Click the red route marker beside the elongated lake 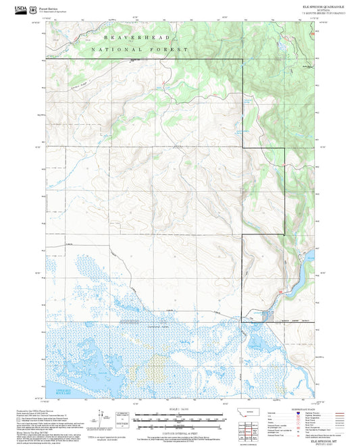click(280, 291)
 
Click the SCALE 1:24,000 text click(180, 409)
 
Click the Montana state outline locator click(251, 413)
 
